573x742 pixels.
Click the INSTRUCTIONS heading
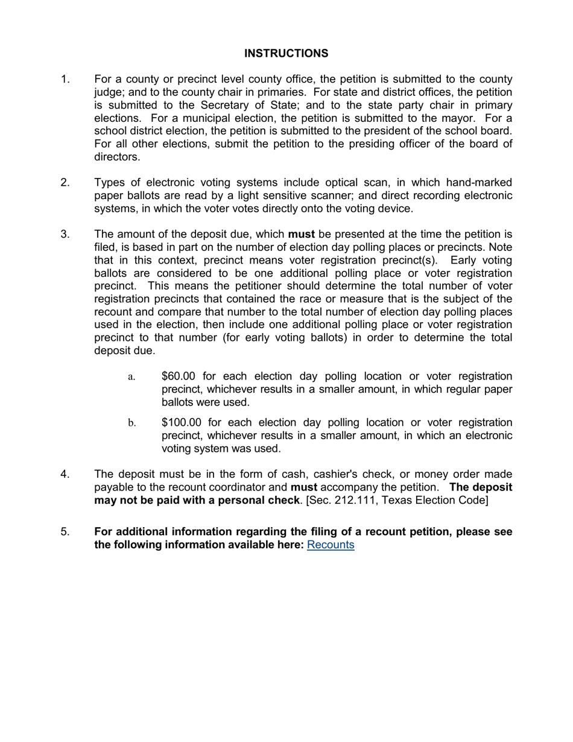pyautogui.click(x=286, y=54)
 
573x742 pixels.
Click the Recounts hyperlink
pyautogui.click(x=331, y=545)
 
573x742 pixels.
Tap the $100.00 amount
pyautogui.click(x=182, y=422)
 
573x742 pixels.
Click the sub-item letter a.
pyautogui.click(x=131, y=377)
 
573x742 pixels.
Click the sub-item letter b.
pyautogui.click(x=131, y=423)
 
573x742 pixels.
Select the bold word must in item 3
pyautogui.click(x=302, y=234)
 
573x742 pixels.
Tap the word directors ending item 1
pyautogui.click(x=117, y=157)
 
